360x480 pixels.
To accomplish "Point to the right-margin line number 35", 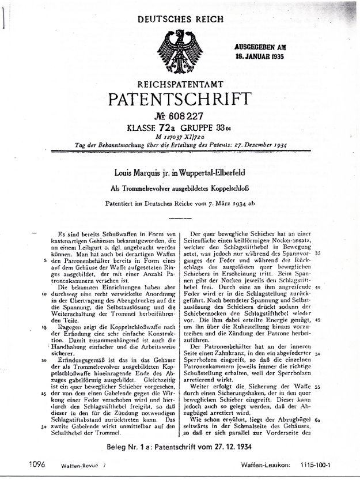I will [317, 253].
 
